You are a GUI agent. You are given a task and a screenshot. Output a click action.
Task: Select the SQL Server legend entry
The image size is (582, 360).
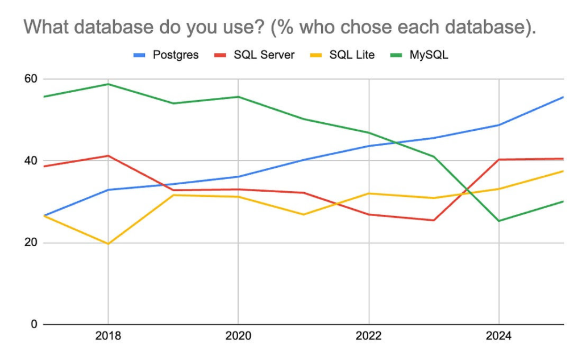point(256,56)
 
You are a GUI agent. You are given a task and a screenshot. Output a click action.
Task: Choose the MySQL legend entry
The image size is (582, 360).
point(421,56)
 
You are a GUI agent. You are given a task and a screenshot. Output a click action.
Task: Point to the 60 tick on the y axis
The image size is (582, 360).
point(30,79)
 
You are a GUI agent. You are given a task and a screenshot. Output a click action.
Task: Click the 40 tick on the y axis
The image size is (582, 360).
point(30,161)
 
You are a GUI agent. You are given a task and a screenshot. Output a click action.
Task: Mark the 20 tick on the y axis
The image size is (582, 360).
point(30,243)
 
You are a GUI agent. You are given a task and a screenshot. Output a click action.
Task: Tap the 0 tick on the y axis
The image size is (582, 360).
point(33,325)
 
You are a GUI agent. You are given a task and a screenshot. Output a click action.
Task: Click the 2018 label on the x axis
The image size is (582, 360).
point(108,337)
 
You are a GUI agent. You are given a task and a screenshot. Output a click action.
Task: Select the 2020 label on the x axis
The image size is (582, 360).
point(238,337)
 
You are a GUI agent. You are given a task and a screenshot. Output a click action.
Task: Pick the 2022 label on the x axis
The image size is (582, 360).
point(369,337)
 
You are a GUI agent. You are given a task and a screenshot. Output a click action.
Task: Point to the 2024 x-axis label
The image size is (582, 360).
point(499,337)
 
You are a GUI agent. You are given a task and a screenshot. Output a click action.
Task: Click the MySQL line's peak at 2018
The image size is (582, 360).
point(108,84)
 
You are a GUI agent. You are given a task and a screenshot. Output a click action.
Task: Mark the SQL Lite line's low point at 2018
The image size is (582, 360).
point(108,244)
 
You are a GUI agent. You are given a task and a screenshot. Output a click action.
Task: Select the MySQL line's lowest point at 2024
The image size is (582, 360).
point(499,221)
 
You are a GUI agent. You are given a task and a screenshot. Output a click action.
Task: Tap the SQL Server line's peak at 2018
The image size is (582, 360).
point(108,155)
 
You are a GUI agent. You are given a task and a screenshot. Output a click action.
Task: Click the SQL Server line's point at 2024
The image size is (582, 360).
point(499,159)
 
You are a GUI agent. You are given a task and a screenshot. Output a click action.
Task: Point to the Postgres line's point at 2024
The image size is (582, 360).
point(499,125)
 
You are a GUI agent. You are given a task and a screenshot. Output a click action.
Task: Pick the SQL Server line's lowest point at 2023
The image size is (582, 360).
point(434,220)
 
